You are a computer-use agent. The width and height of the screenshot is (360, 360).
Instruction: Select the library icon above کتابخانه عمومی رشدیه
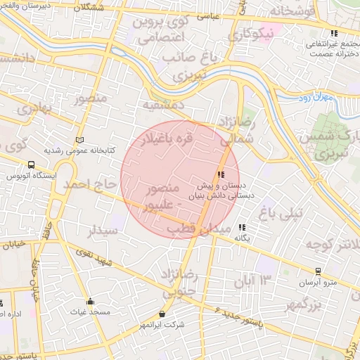click(x=79, y=139)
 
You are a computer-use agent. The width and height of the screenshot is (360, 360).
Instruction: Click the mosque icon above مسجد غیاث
click(x=91, y=301)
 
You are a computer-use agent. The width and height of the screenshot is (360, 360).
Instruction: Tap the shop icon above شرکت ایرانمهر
click(x=163, y=314)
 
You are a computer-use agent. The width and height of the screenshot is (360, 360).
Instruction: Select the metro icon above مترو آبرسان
click(x=319, y=271)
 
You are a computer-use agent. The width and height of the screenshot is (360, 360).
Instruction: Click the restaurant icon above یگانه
click(x=243, y=227)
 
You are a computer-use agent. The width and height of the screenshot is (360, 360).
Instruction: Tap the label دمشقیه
click(x=164, y=105)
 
